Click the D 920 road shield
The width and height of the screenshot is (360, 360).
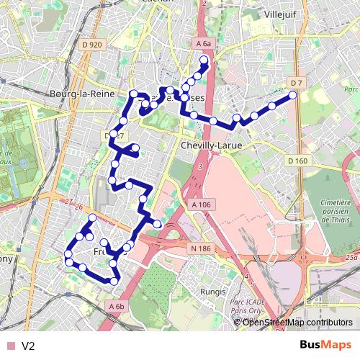[x=93, y=45]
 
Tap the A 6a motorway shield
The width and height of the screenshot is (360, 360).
[x=204, y=45]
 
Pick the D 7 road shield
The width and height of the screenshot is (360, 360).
[x=294, y=83]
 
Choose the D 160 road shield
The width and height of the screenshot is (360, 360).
[x=297, y=160]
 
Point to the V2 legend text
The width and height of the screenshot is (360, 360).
[x=28, y=346]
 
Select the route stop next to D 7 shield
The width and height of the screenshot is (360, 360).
[x=293, y=95]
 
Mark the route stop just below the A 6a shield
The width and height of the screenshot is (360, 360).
[x=204, y=60]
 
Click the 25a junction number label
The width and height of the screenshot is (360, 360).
[x=351, y=256]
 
